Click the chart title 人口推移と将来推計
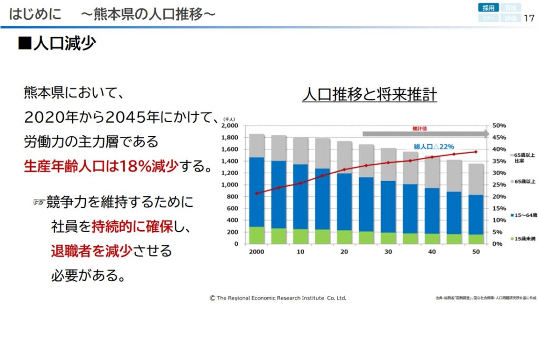[370, 95]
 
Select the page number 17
[529, 18]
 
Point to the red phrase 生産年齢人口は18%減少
[101, 168]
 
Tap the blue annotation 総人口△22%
[434, 146]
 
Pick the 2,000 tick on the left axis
[229, 126]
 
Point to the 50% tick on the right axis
[499, 126]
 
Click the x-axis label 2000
[256, 252]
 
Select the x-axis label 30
[388, 252]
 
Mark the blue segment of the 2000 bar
[256, 192]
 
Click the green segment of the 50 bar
[476, 239]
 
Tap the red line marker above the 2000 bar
[256, 193]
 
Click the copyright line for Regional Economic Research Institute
[278, 298]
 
